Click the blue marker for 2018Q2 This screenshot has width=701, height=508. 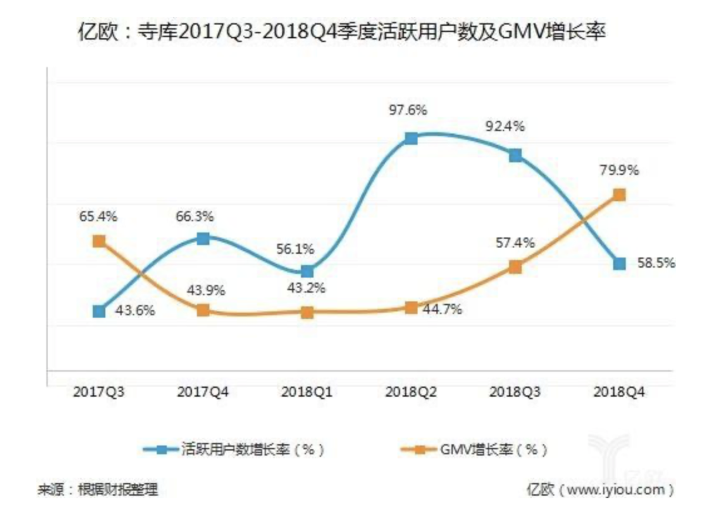click(x=411, y=138)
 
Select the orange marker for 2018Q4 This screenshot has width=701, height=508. click(x=619, y=195)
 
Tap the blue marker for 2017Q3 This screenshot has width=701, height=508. click(x=99, y=311)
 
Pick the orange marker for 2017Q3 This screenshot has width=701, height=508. click(x=99, y=241)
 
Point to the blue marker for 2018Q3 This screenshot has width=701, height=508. click(x=515, y=156)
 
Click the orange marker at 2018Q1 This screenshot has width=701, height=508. click(x=307, y=312)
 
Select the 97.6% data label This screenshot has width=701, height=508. click(x=408, y=110)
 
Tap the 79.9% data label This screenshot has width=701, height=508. click(x=619, y=170)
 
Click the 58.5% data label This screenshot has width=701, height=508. click(x=656, y=263)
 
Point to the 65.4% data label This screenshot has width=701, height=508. click(x=98, y=216)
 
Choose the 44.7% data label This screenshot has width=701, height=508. click(x=442, y=309)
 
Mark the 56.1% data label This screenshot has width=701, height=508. click(x=295, y=249)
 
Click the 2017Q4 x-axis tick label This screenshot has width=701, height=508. click(x=203, y=392)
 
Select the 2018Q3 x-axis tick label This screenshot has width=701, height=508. click(x=515, y=392)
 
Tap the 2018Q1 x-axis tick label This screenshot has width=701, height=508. click(x=307, y=392)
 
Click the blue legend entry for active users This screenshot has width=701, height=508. click(x=234, y=449)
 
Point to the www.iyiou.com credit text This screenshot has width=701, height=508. click(x=600, y=490)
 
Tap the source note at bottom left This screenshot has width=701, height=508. click(x=98, y=490)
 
